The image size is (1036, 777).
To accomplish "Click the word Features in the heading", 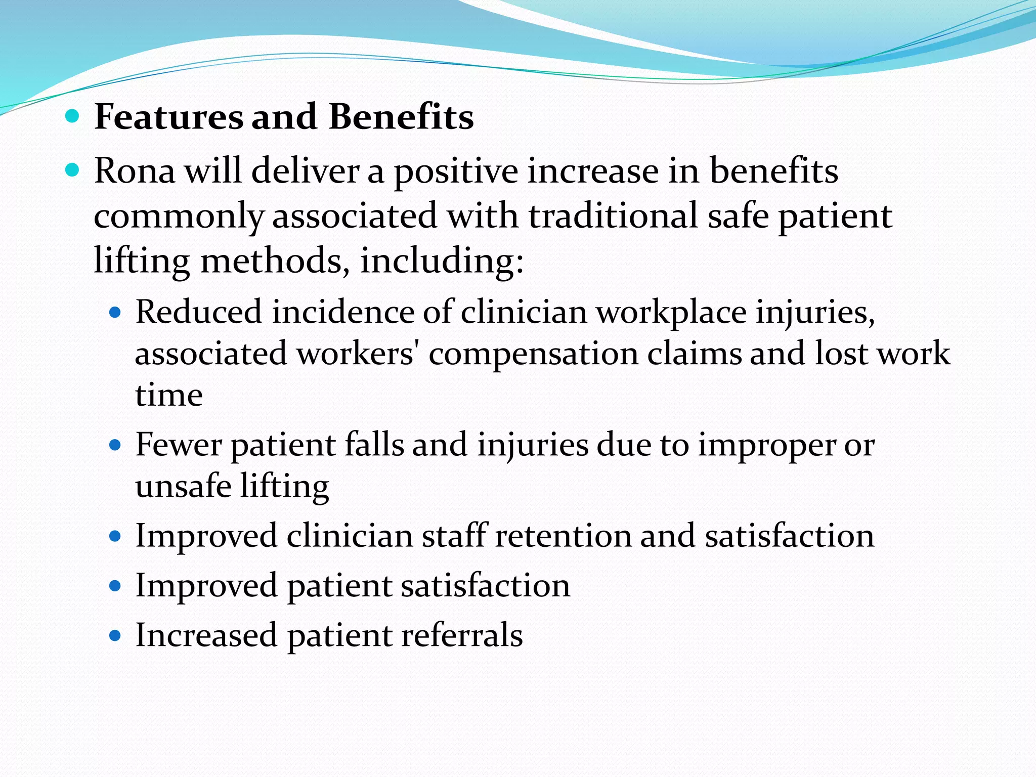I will [169, 117].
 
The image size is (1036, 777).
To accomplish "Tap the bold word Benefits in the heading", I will [401, 117].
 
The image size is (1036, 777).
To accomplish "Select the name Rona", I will [135, 170].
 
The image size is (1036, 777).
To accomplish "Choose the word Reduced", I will [199, 312].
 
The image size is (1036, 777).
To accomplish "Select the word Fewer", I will [179, 445].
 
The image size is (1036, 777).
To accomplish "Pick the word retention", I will [563, 535].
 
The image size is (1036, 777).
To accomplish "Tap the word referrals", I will [462, 635].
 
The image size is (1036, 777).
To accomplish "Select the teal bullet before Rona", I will [73, 170].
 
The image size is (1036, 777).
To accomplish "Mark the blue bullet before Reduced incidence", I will [115, 312].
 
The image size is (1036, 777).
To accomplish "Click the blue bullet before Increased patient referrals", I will [115, 635].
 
